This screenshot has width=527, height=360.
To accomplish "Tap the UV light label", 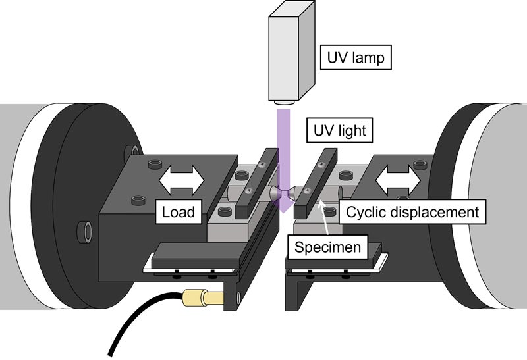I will pyautogui.click(x=337, y=131).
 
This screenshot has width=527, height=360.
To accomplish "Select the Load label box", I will pyautogui.click(x=179, y=212).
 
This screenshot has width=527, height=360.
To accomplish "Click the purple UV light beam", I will pyautogui.click(x=283, y=151).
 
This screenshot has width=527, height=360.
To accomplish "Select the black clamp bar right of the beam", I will pyautogui.click(x=316, y=184).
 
